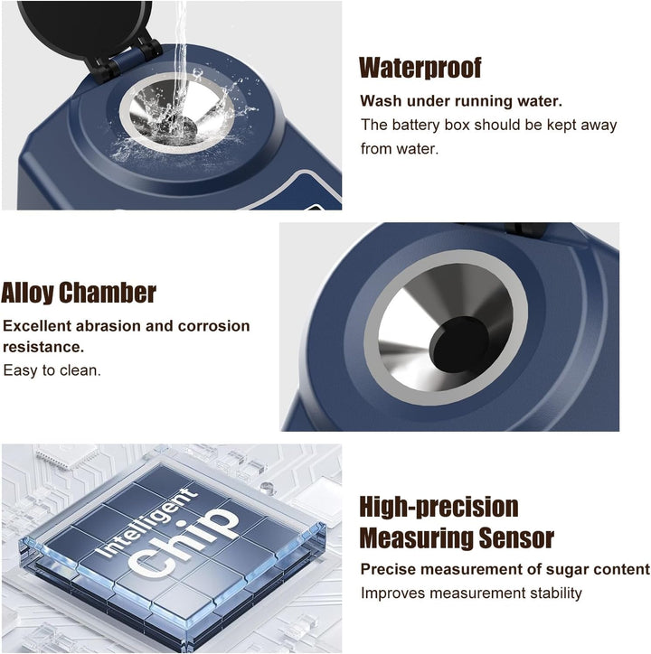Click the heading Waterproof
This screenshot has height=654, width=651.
click(x=420, y=68)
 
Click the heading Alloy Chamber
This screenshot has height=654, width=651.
click(x=79, y=293)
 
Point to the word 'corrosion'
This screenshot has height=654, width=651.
click(x=213, y=326)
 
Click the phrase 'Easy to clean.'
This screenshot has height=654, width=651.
click(x=52, y=370)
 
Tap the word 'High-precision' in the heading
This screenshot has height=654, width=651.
click(x=439, y=507)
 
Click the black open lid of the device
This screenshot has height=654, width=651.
click(x=83, y=27)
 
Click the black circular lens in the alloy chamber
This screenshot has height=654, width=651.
click(x=459, y=344)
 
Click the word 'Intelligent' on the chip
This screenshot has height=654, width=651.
click(x=147, y=523)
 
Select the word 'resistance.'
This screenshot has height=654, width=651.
click(x=43, y=347)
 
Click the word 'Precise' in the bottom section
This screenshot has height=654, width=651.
click(x=385, y=569)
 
